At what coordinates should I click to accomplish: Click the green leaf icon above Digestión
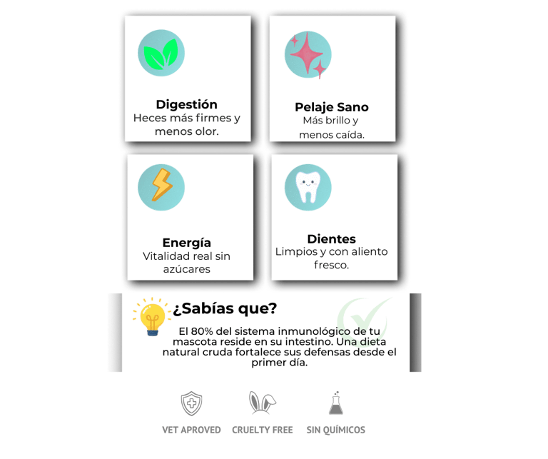[x=161, y=54]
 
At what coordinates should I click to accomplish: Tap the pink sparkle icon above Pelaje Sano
[x=308, y=54]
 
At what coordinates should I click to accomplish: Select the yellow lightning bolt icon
[x=161, y=186]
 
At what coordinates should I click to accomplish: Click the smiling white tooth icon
[x=308, y=187]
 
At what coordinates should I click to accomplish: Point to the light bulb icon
[x=151, y=317]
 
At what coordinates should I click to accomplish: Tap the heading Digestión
[x=187, y=104]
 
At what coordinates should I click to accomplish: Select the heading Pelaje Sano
[x=332, y=107]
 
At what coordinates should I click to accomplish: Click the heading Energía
[x=187, y=242]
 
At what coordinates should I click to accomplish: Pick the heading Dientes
[x=331, y=238]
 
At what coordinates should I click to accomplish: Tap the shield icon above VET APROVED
[x=191, y=403]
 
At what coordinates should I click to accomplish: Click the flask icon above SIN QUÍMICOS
[x=335, y=403]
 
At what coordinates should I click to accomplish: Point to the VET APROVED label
[x=191, y=430]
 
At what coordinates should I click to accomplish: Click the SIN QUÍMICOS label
[x=335, y=430]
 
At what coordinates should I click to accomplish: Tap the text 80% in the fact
[x=203, y=331]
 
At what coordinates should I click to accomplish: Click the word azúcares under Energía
[x=187, y=269]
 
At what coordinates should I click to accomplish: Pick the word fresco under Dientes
[x=330, y=264]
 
